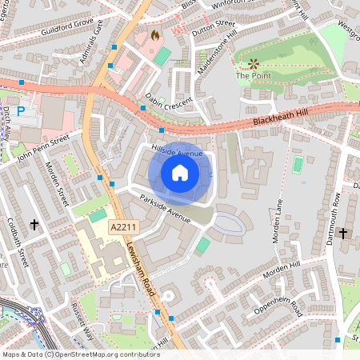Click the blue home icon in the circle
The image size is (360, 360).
tap(180, 172)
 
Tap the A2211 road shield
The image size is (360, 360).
tap(122, 228)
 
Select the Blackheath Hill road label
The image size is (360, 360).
tap(274, 119)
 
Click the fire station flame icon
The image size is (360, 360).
tap(154, 35)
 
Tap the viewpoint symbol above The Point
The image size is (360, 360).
tap(254, 62)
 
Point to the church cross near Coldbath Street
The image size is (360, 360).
tap(35, 226)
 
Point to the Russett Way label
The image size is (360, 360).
tap(83, 320)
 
